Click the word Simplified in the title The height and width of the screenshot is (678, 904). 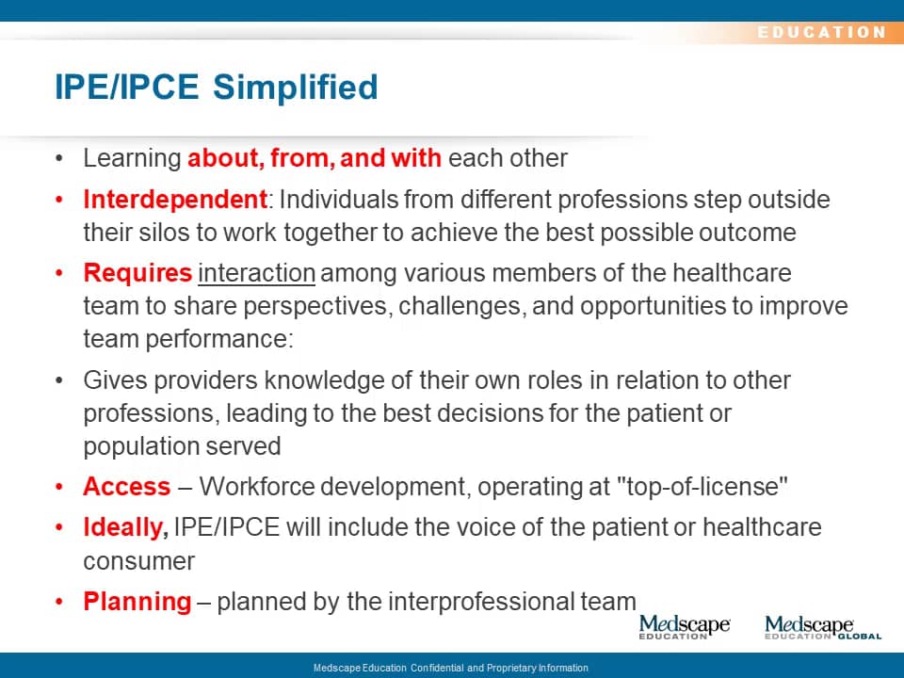(x=295, y=88)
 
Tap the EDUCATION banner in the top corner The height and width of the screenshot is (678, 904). (x=821, y=32)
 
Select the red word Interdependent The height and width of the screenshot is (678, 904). (x=175, y=200)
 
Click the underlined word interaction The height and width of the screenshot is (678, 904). (x=256, y=273)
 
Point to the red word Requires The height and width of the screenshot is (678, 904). (x=137, y=274)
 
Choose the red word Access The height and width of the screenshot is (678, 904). (x=127, y=487)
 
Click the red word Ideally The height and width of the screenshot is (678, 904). (x=125, y=528)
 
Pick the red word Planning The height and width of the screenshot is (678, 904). (x=137, y=603)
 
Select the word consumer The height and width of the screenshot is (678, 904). (x=139, y=561)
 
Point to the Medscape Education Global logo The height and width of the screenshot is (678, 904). (x=823, y=627)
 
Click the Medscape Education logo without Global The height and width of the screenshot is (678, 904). (x=685, y=627)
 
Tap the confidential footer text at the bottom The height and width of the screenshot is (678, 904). (x=451, y=668)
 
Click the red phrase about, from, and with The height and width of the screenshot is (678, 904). (x=315, y=158)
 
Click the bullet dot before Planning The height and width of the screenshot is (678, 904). (x=58, y=602)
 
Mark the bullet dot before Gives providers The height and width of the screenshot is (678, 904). (x=58, y=380)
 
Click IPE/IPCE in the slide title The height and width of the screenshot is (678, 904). (x=127, y=88)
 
